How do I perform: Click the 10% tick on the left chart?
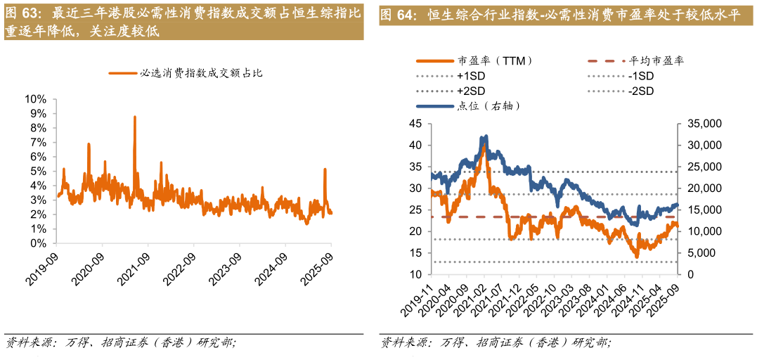[x=36, y=98]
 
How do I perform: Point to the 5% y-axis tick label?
[x=38, y=171]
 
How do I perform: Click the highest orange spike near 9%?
[x=134, y=117]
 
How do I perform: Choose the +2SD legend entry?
[x=471, y=91]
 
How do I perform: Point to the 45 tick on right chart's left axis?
[x=415, y=124]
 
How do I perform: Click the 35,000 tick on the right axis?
[x=700, y=124]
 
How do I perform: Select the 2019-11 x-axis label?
[x=418, y=300]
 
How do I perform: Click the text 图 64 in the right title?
[x=399, y=15]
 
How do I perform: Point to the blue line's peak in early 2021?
[x=484, y=136]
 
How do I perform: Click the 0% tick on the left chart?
[x=38, y=243]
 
